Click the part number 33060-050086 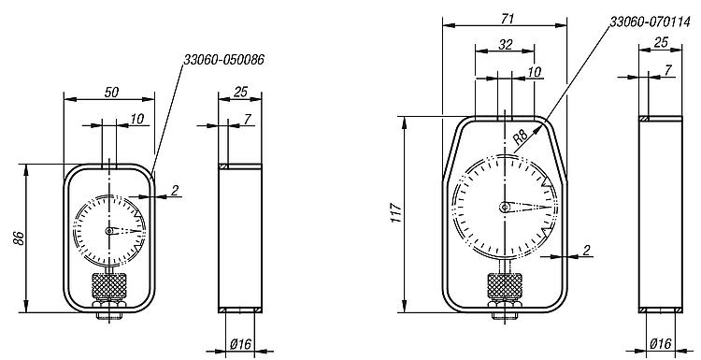point(224,60)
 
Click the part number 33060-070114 point(650,22)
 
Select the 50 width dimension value point(112,93)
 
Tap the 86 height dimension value point(19,237)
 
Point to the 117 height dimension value point(397,213)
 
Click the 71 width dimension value point(508,19)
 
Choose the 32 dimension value point(505,44)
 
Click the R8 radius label point(520,137)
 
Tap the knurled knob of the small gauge point(109,286)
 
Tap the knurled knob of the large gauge point(505,286)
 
